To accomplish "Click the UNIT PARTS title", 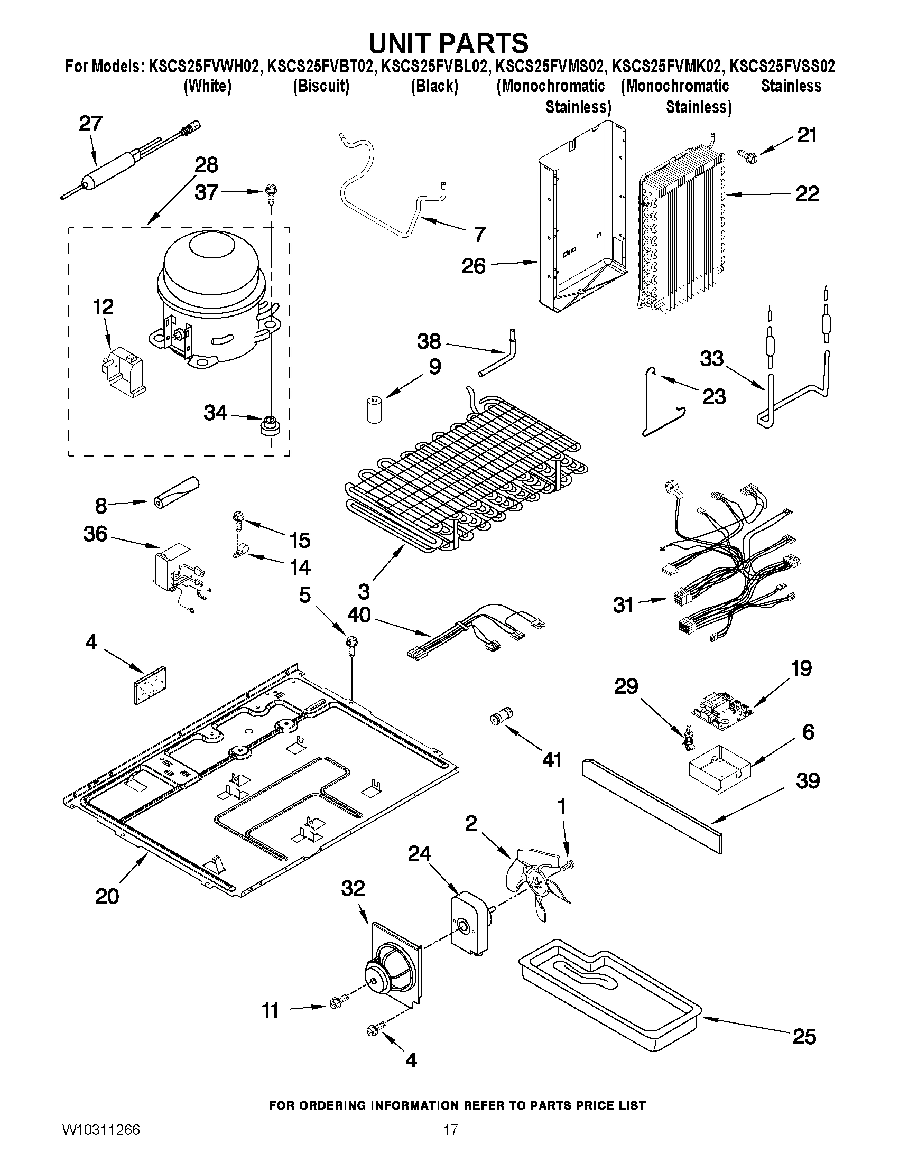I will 449,43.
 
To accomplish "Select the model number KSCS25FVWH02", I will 205,66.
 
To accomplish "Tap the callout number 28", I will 207,165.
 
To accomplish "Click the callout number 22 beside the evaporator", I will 807,194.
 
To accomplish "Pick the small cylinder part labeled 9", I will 375,408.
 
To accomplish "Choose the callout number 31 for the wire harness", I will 623,605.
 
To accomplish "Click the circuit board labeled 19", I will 721,709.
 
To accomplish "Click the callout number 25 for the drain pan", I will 804,1036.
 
